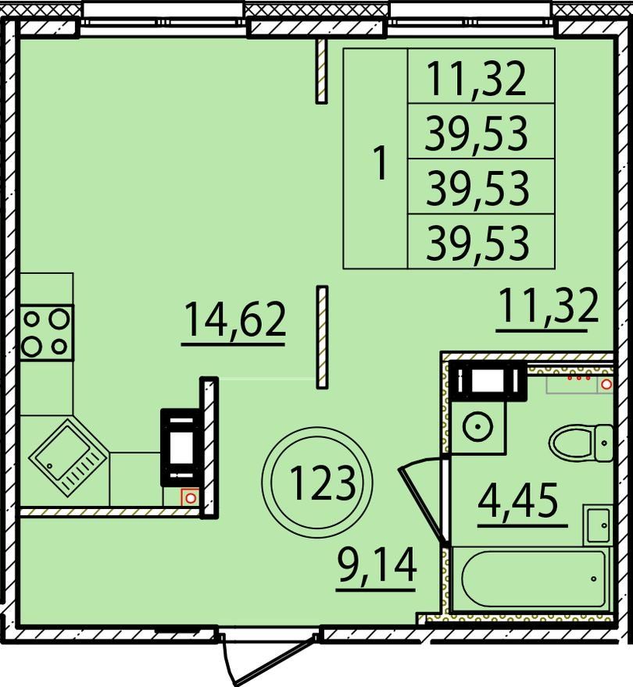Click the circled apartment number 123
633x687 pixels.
click(322, 482)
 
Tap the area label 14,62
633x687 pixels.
click(235, 320)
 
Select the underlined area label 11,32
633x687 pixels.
click(549, 305)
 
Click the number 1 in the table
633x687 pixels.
click(380, 163)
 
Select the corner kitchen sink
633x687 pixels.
click(68, 457)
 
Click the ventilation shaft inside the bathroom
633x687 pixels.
click(488, 381)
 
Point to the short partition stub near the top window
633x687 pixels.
click(322, 70)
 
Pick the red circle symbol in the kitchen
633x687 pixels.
click(190, 498)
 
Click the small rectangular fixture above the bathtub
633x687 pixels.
click(596, 525)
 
